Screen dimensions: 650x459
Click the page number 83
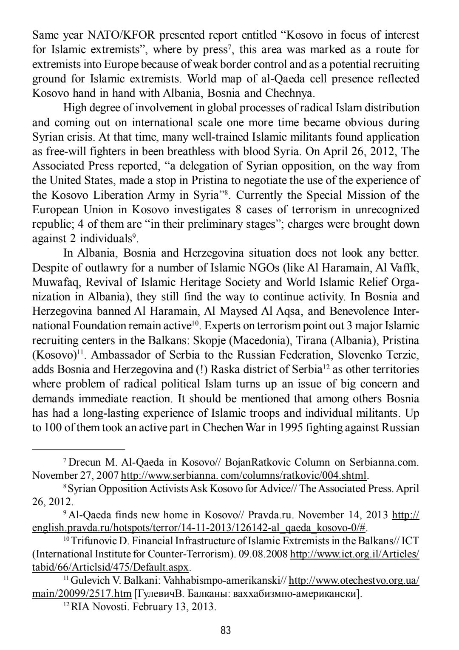(226, 630)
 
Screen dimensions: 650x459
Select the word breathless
(224, 151)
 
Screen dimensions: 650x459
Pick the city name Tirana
(319, 340)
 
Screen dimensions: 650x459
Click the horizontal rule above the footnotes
(79, 449)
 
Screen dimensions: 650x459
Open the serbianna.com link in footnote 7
(244, 475)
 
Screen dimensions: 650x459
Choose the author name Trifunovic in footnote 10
(91, 541)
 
